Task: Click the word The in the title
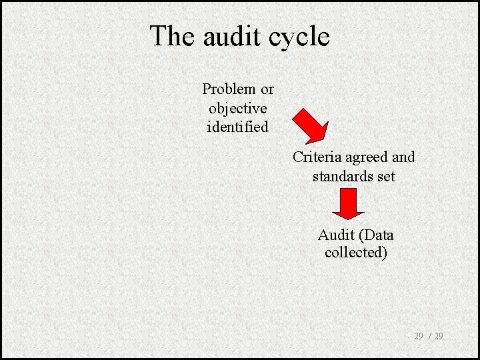click(x=173, y=36)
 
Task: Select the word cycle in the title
click(x=300, y=37)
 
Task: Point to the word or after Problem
click(x=267, y=89)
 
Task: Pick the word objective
click(x=238, y=108)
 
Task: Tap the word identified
click(x=238, y=126)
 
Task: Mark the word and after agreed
click(x=403, y=157)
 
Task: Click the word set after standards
click(x=385, y=176)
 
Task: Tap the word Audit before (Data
click(x=337, y=235)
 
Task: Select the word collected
click(x=356, y=253)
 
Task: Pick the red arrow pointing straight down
click(x=348, y=204)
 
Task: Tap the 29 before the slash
click(x=419, y=336)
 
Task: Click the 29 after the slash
click(x=439, y=336)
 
